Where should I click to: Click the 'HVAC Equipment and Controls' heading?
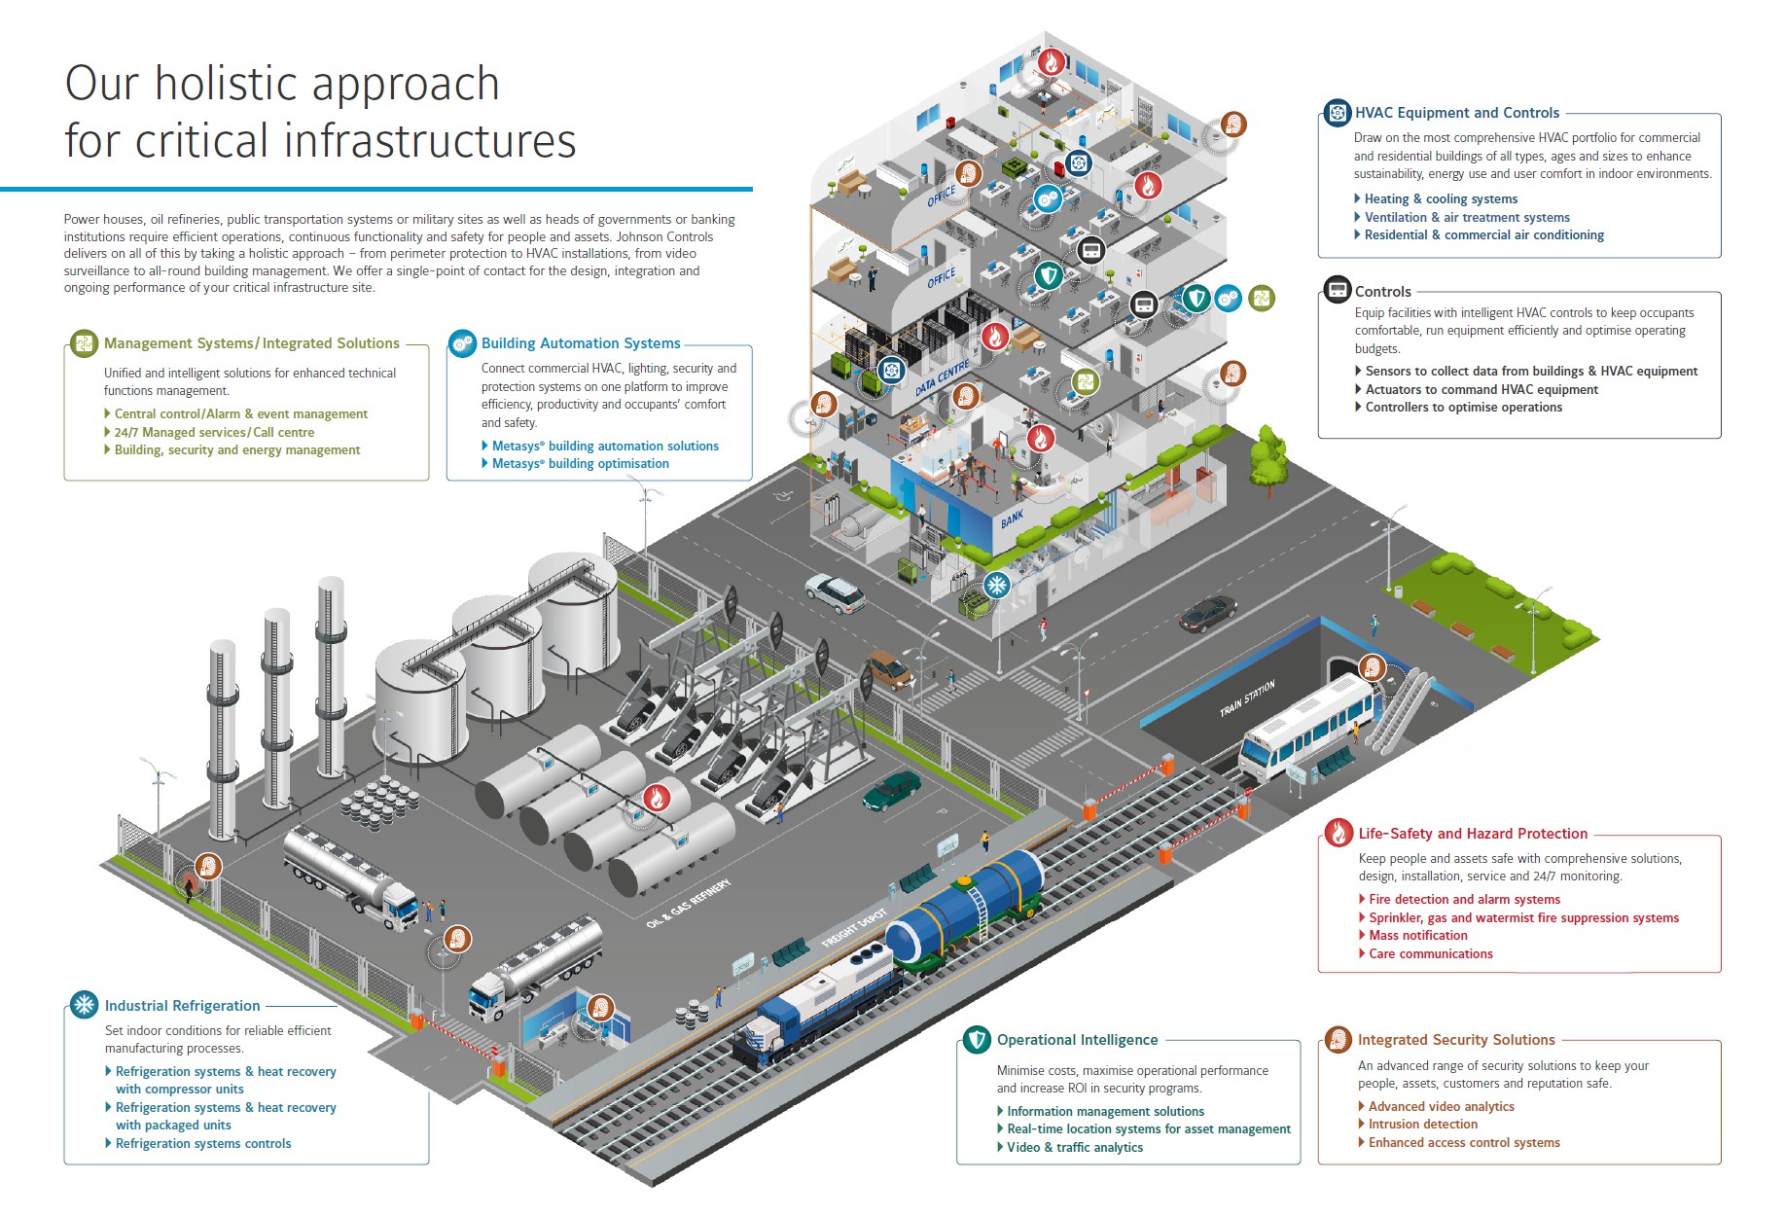pos(1456,113)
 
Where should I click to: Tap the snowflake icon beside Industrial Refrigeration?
pos(85,1004)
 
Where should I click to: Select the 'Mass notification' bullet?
pos(1417,936)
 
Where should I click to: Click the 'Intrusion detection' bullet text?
pos(1422,1125)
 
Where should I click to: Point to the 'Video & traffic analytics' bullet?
pos(1074,1148)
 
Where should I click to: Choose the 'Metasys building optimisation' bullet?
pos(580,464)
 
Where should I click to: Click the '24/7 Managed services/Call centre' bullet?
pos(214,433)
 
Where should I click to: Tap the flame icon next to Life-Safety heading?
pos(1339,833)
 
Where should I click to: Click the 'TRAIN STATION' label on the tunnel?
pos(1247,698)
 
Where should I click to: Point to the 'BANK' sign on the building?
pos(1012,519)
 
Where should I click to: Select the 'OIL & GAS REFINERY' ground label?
pos(688,903)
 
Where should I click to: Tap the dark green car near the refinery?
pos(891,790)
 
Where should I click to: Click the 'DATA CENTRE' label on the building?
pos(942,377)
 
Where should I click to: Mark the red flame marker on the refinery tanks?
pos(657,798)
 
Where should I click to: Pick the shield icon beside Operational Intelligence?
pos(977,1040)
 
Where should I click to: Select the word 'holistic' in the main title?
pos(229,85)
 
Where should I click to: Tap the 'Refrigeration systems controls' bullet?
pos(202,1144)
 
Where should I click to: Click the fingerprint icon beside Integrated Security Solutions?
pos(1339,1040)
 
